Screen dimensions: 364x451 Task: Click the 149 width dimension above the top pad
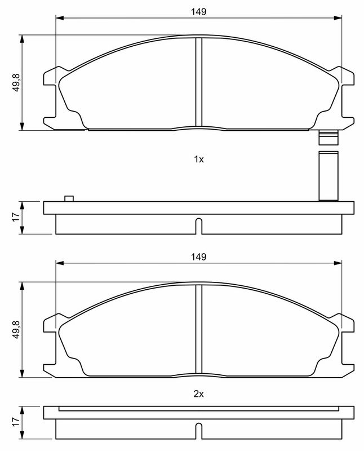click(x=199, y=12)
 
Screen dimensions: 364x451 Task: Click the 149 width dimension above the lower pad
click(x=199, y=257)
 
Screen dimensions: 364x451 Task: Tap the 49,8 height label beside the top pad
click(x=16, y=82)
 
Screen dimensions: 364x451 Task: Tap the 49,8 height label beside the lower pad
click(x=16, y=329)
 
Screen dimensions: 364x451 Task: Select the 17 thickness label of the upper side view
click(x=16, y=217)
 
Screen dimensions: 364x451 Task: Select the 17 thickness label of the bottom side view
click(x=16, y=422)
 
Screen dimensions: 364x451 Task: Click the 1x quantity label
click(x=199, y=159)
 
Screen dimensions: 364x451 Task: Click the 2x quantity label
click(x=199, y=393)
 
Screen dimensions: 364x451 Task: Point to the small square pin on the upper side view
click(x=69, y=198)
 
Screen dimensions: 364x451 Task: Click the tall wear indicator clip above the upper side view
click(x=329, y=176)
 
